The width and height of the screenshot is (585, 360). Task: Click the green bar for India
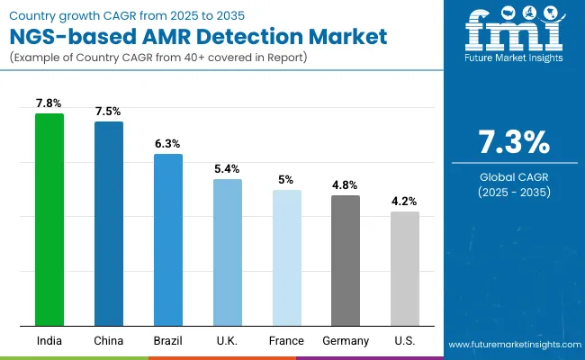[49, 220]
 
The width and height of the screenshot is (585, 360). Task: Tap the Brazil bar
[168, 239]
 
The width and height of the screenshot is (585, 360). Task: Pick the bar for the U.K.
[228, 252]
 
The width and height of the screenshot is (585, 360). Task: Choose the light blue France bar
[287, 257]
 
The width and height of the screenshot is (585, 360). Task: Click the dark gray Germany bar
[346, 260]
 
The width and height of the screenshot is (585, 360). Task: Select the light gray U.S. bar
[405, 268]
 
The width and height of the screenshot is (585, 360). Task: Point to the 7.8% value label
[49, 103]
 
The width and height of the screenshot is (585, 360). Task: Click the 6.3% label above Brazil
[168, 143]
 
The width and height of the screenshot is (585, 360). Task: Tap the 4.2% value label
[405, 201]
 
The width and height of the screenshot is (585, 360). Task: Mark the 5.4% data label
[228, 168]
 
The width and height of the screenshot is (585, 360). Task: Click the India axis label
[49, 341]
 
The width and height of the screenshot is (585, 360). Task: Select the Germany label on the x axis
[346, 341]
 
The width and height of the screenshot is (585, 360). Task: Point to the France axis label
[287, 341]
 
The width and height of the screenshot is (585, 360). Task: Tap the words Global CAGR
[513, 176]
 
